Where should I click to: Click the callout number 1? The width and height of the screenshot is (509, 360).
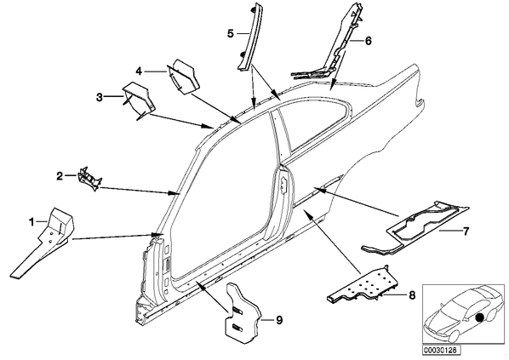click(31, 222)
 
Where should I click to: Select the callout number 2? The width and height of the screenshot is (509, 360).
click(60, 176)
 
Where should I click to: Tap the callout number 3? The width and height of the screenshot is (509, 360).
click(100, 97)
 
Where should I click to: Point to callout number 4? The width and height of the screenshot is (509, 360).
click(139, 71)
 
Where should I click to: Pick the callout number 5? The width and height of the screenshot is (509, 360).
click(231, 33)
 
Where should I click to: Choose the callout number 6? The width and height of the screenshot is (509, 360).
click(368, 41)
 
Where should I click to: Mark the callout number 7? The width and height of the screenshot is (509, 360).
click(466, 231)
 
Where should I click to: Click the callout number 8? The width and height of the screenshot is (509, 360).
click(412, 295)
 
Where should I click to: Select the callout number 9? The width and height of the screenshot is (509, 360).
click(279, 320)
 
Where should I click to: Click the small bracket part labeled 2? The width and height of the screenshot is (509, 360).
click(89, 179)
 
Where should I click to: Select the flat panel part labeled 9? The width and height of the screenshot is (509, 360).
click(242, 311)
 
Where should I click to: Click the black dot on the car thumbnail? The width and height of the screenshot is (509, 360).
click(479, 317)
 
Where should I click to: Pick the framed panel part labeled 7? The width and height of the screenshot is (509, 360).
click(419, 227)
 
